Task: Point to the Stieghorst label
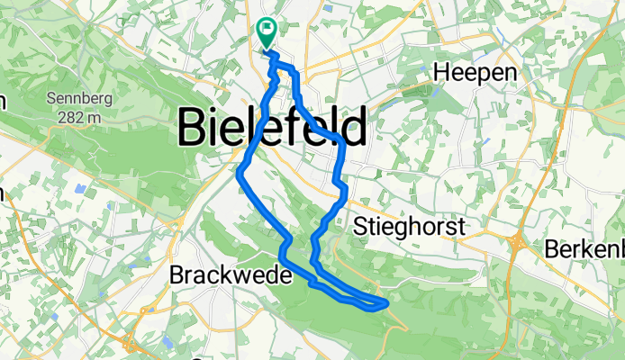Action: tap(410, 226)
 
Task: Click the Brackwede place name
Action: tap(231, 276)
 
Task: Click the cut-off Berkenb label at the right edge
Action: tap(584, 249)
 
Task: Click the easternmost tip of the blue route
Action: tap(387, 304)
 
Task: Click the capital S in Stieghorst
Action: tap(362, 226)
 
